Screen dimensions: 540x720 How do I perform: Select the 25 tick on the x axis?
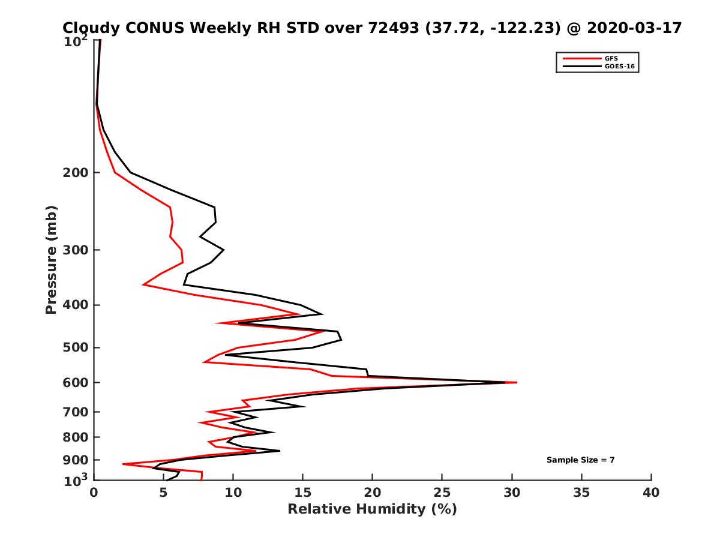(442, 493)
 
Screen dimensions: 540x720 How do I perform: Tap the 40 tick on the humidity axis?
(651, 493)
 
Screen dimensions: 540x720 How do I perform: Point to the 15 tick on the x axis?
(303, 493)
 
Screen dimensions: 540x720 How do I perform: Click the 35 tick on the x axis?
(581, 493)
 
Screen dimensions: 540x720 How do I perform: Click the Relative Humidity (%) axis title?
(372, 509)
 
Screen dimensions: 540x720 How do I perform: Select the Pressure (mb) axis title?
(51, 259)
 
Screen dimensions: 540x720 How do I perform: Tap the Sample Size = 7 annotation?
(580, 460)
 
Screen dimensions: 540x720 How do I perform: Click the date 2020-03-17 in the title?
(635, 28)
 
